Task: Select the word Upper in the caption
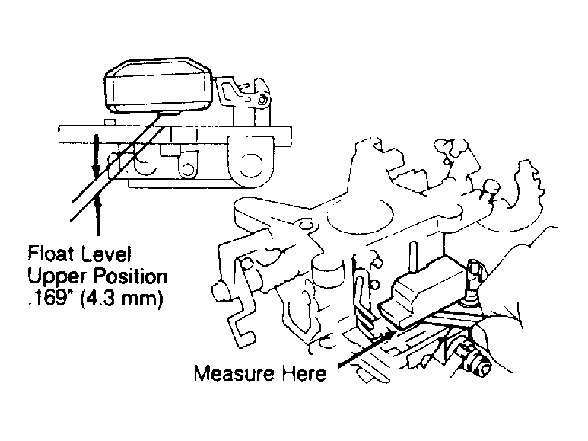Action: pos(50,274)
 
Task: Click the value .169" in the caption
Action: pos(48,296)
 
